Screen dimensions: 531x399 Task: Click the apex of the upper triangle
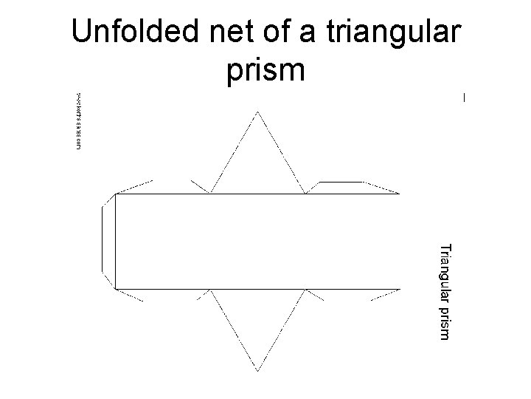257,112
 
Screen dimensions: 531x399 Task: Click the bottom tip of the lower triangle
257,369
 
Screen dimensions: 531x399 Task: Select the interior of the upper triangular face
257,166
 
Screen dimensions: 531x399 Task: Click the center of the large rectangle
257,241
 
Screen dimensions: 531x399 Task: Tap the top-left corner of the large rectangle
116,194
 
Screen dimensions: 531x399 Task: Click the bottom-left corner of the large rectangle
116,287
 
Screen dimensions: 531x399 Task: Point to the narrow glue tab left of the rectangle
108,241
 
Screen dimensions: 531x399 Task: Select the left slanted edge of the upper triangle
234,153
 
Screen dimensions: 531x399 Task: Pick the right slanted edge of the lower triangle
281,328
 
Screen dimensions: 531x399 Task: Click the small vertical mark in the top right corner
464,98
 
